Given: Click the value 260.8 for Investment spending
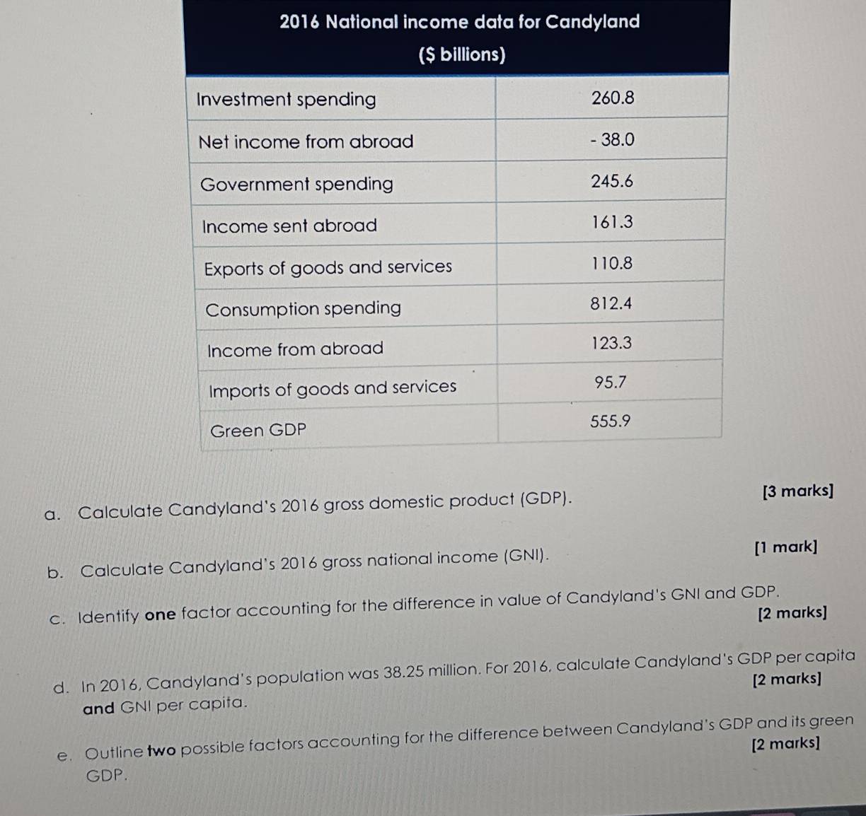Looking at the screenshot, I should tap(613, 98).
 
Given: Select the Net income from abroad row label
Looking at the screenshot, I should tap(306, 142).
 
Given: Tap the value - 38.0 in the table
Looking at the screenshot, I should tap(613, 140).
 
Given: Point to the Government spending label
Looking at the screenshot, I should tap(296, 185).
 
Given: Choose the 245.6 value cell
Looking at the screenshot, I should tap(612, 182).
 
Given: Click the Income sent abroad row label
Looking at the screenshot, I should tap(289, 226).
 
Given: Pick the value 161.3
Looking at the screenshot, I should tap(612, 223).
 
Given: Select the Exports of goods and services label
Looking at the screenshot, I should tap(328, 268).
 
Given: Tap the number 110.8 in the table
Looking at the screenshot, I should tap(612, 264).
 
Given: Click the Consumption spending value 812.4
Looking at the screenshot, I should tap(611, 304).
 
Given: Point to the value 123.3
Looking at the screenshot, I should tap(611, 344).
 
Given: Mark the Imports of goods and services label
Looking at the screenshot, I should tap(333, 388).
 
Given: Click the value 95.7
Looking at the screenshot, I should tap(611, 383).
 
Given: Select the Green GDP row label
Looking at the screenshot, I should tap(258, 431).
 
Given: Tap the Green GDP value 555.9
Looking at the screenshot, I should tap(610, 421).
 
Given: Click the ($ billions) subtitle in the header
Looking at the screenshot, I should tap(461, 54).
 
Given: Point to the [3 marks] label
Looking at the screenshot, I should tap(798, 491).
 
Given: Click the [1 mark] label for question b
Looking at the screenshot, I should tap(785, 547).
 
